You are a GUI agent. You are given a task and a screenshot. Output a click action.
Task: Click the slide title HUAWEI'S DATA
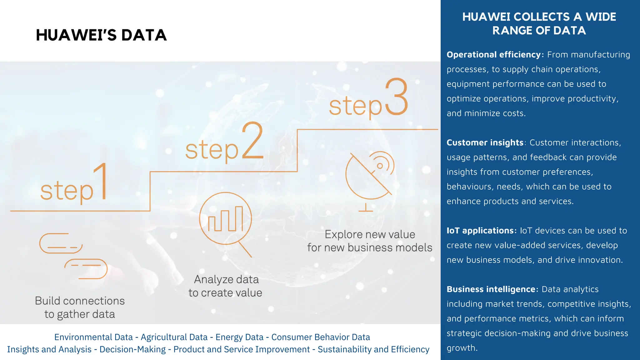[x=101, y=35]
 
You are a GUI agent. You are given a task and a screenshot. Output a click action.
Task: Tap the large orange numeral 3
[x=396, y=97]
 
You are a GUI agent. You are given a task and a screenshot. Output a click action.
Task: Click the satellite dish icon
[x=370, y=178]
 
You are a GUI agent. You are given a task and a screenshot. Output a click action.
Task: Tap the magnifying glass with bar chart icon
[x=226, y=221]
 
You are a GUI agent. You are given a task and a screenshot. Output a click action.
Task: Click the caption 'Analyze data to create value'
[x=226, y=286]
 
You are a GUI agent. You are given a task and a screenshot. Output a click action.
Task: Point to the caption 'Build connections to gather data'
[x=80, y=307]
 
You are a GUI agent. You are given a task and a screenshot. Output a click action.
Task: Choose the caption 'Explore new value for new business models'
[x=370, y=241]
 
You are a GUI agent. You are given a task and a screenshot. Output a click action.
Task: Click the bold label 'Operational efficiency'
[x=493, y=55]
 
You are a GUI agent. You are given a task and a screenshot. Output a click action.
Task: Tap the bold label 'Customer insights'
[x=485, y=143]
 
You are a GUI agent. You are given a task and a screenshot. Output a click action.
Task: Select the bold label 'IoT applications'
[x=480, y=231]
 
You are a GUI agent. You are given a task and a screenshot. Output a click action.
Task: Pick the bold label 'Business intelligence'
[x=491, y=289]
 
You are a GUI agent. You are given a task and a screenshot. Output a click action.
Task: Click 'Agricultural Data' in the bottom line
[x=174, y=337]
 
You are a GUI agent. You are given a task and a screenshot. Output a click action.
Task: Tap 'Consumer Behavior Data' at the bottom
[x=321, y=337]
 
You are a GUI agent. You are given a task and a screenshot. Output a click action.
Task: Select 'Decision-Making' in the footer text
[x=132, y=349]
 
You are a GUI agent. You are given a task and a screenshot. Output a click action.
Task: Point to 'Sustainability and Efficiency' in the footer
[x=373, y=349]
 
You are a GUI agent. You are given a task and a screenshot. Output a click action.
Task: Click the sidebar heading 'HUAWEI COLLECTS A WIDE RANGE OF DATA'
[x=539, y=23]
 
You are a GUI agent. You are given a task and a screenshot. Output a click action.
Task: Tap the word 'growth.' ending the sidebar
[x=462, y=348]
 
